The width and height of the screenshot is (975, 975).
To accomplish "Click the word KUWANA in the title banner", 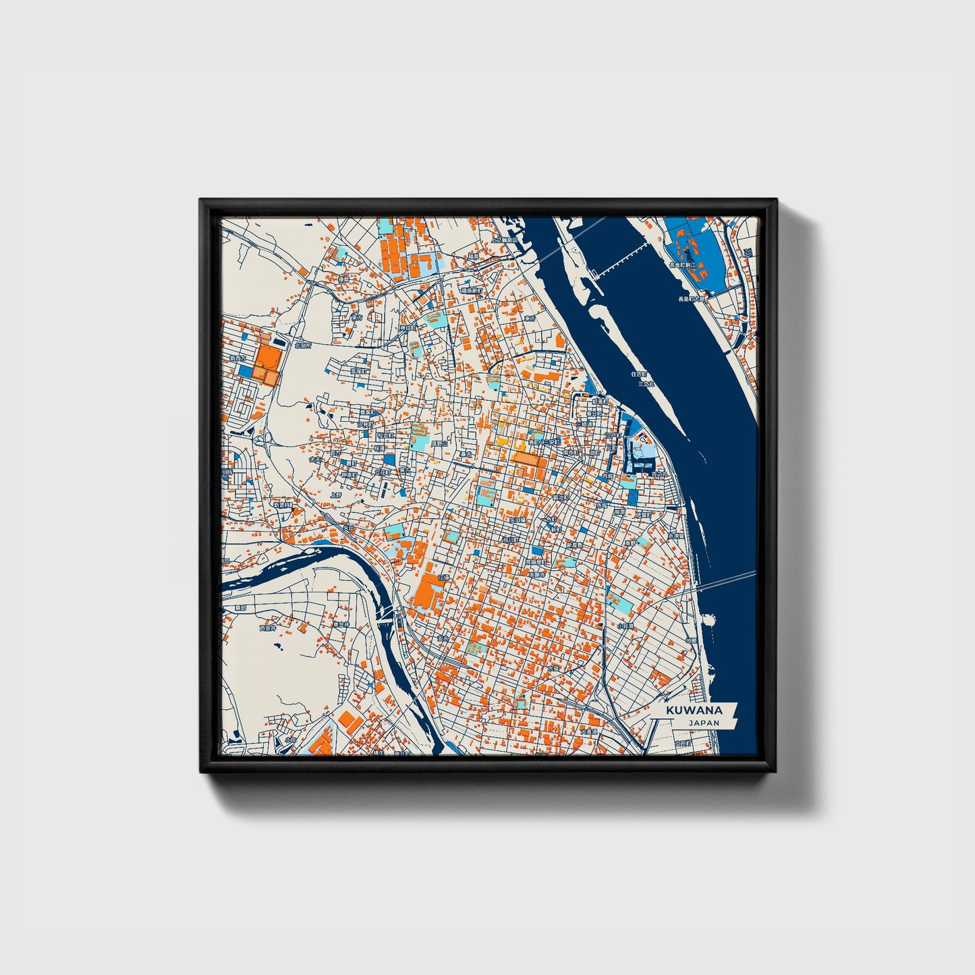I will point(694,711).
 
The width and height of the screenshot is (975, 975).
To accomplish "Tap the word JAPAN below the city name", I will point(704,723).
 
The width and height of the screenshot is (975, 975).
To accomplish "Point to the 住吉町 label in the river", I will point(639,373).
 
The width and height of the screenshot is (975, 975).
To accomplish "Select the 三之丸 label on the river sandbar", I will point(646,383).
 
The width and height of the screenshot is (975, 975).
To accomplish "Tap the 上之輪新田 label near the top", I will point(504,240).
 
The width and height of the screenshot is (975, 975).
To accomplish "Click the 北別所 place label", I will point(302,345).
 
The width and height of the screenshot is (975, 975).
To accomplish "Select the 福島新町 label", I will point(471,290).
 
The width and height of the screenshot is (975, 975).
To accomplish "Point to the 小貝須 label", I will point(624,626).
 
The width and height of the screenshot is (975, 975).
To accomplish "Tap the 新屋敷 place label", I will point(574,545).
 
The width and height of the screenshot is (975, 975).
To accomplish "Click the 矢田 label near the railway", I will point(348,528).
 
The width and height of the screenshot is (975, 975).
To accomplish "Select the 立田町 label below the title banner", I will point(683,742).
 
